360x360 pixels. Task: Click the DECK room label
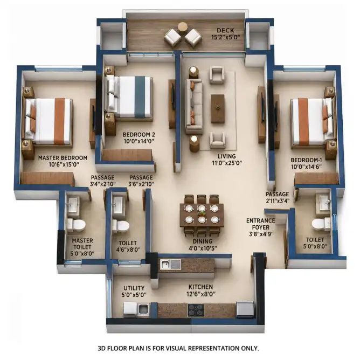[225, 30]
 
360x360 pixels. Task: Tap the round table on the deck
[183, 27]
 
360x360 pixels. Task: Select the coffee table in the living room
[218, 108]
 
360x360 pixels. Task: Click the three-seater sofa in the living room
[194, 106]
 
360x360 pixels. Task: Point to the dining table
[202, 214]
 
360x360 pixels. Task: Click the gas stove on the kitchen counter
[196, 310]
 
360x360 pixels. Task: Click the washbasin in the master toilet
[73, 205]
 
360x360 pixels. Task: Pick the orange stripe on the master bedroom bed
[59, 121]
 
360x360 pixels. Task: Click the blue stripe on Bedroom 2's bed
[140, 96]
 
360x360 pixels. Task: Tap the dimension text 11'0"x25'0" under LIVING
[227, 163]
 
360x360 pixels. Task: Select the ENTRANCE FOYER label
[261, 224]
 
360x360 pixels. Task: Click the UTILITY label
[134, 288]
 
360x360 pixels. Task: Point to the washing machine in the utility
[130, 309]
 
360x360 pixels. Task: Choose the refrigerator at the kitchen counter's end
[245, 309]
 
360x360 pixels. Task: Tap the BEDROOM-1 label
[306, 160]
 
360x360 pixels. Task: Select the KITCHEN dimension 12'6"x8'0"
[201, 294]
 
